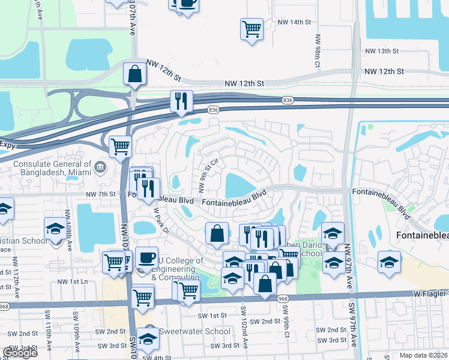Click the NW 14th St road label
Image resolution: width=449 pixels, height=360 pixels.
pos(294,22)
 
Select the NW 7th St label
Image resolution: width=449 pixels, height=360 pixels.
pos(100,194)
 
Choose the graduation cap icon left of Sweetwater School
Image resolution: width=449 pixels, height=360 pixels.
pos(148,339)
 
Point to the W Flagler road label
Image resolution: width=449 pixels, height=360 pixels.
pos(429,293)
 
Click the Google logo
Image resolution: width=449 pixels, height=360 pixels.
pos(20,352)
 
